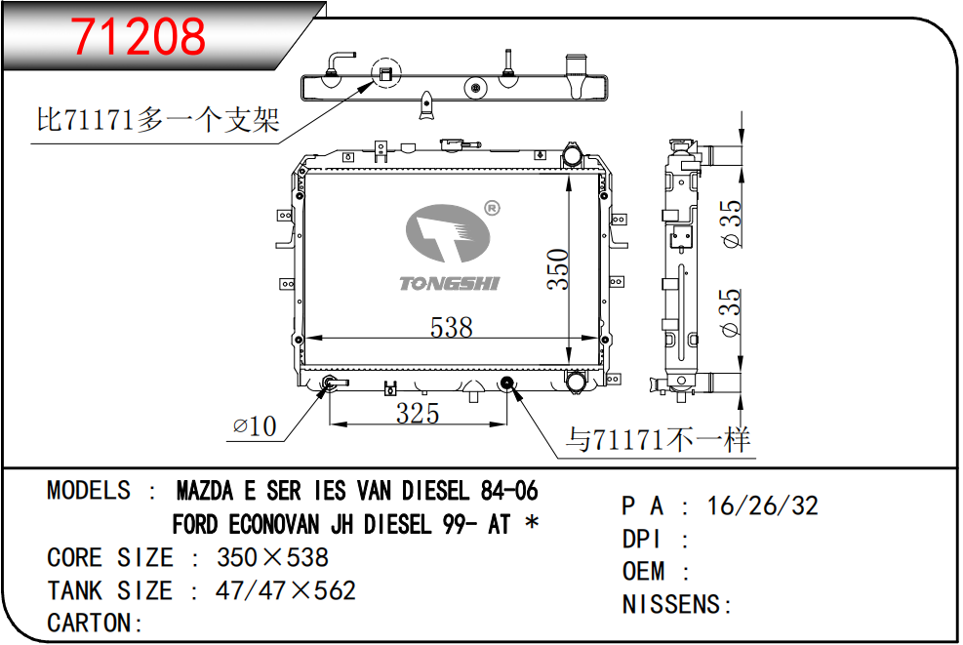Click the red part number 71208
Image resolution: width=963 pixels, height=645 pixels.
click(139, 36)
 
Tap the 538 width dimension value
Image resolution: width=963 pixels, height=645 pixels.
click(452, 327)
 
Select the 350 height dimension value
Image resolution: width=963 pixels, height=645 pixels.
click(558, 268)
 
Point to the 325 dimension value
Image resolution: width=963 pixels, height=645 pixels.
click(418, 414)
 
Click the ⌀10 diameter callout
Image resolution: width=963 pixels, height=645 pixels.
click(255, 425)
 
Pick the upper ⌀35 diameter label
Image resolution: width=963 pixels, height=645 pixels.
click(732, 223)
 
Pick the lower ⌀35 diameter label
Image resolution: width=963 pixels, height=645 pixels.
click(732, 312)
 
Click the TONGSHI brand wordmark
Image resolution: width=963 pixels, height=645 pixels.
click(450, 283)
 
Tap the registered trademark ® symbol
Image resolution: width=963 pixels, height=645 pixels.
click(492, 208)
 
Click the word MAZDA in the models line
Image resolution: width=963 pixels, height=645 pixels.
click(205, 491)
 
